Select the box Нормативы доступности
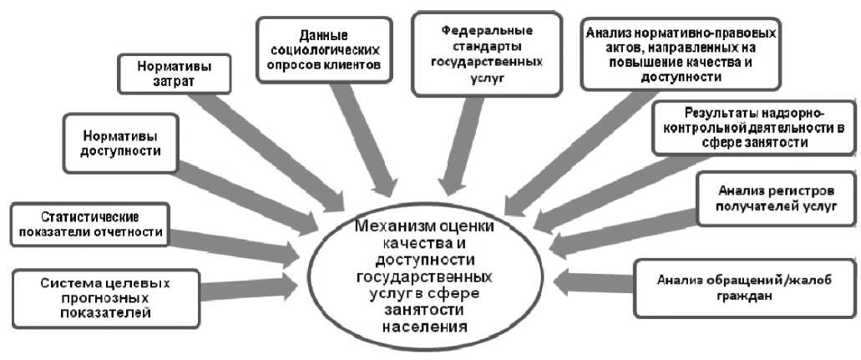point(121,143)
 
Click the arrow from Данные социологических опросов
point(363,142)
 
